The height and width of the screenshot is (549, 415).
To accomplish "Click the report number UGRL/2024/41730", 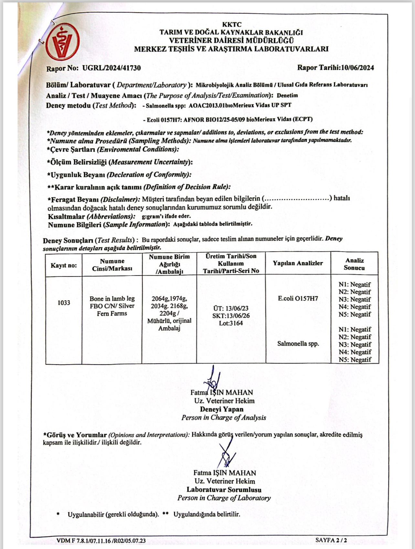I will [112, 68].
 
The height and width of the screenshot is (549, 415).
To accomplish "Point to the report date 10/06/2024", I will [355, 68].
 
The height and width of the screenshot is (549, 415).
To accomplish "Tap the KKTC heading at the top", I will [231, 25].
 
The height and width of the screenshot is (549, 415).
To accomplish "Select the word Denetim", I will [287, 95].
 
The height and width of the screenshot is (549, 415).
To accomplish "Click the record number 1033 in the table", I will [64, 303].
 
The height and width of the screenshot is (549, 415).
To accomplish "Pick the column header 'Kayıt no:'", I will [64, 265].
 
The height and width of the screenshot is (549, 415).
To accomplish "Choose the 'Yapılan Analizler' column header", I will [298, 263].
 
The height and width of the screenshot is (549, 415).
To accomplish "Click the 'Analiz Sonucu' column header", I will [354, 264].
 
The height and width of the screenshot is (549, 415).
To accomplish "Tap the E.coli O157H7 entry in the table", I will [298, 298].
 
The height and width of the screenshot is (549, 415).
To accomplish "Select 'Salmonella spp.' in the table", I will [298, 344].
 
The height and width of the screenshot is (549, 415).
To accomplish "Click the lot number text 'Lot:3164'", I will [231, 323].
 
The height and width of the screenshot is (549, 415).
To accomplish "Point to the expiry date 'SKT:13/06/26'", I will [231, 316].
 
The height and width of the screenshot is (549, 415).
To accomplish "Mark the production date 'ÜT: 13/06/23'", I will [231, 308].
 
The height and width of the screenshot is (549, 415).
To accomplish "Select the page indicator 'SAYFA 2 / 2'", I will [331, 540].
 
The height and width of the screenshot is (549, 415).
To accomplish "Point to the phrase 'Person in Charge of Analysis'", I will [224, 418].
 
